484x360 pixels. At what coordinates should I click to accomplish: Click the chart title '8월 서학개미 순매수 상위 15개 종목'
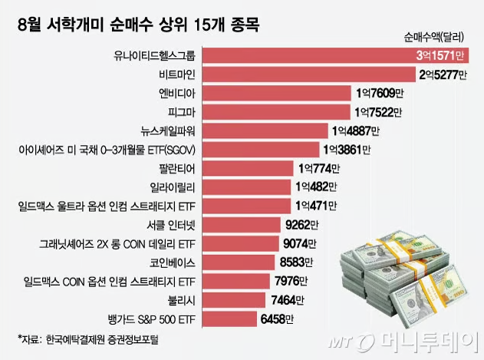point(138,25)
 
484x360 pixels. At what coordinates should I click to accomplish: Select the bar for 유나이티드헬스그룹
point(335,55)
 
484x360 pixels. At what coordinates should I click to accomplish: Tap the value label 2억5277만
point(443,74)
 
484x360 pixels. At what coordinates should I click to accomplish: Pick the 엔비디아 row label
point(177,94)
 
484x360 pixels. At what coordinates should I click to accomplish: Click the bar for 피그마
point(276,112)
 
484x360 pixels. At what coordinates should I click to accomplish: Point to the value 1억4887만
point(356,131)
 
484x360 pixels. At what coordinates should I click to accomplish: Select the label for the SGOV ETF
point(107,150)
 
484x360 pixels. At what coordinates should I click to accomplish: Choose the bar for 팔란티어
point(248,169)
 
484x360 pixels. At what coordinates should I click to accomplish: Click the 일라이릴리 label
point(173,187)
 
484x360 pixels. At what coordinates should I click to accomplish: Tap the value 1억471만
point(316,206)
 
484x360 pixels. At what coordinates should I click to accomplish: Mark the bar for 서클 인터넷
point(242,225)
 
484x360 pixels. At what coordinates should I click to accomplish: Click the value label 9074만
point(300,244)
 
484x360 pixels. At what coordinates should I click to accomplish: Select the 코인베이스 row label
point(173,263)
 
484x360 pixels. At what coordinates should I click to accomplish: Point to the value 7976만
point(291,282)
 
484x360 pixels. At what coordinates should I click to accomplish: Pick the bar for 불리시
point(234,300)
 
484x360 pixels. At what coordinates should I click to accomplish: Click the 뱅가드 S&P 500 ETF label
point(152,319)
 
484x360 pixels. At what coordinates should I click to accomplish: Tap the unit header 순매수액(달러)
point(433,38)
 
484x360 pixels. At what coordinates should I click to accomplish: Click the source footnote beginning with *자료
point(88,339)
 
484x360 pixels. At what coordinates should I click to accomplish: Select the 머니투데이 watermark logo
point(400,342)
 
